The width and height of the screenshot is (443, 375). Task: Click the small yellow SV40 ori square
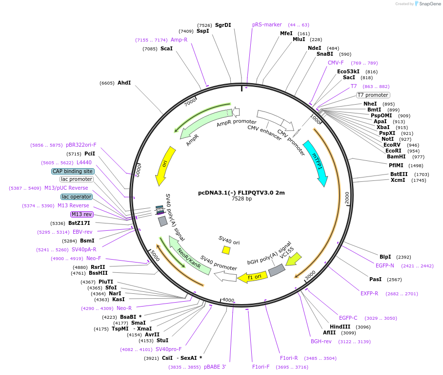[226, 250]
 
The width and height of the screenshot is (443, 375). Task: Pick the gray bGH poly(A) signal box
[277, 270]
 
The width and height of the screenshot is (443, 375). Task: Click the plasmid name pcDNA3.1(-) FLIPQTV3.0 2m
[242, 193]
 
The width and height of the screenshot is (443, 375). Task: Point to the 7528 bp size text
[242, 199]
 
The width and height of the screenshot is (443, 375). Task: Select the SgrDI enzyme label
[223, 25]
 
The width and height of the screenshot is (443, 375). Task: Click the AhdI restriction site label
[124, 83]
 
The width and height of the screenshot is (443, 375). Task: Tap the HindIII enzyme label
[340, 327]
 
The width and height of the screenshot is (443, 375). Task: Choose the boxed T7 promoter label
[373, 95]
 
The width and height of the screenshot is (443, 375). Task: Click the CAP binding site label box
[73, 171]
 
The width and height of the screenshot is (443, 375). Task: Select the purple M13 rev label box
[81, 214]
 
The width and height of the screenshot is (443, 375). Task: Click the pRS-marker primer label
[267, 24]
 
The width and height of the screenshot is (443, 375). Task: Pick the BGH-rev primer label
[321, 341]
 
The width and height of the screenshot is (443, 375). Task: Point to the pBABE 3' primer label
[215, 367]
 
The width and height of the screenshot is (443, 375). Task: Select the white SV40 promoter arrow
[225, 277]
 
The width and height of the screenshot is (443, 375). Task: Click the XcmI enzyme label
[398, 180]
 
